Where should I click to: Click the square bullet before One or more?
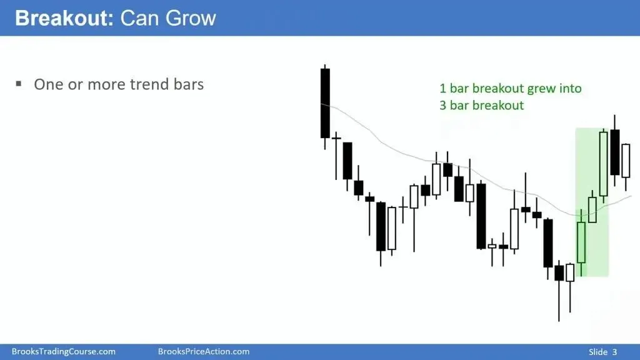pos(18,84)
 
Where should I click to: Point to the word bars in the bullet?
pos(189,84)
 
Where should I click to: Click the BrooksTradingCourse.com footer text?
pos(63,351)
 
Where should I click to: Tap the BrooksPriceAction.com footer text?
pos(204,351)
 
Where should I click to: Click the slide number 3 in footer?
pos(614,352)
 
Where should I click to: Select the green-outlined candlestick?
pos(581,242)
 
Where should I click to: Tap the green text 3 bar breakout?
pos(482,105)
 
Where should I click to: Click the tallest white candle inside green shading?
pos(604,164)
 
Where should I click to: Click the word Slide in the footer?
pos(598,352)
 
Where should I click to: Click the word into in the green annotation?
pos(571,88)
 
